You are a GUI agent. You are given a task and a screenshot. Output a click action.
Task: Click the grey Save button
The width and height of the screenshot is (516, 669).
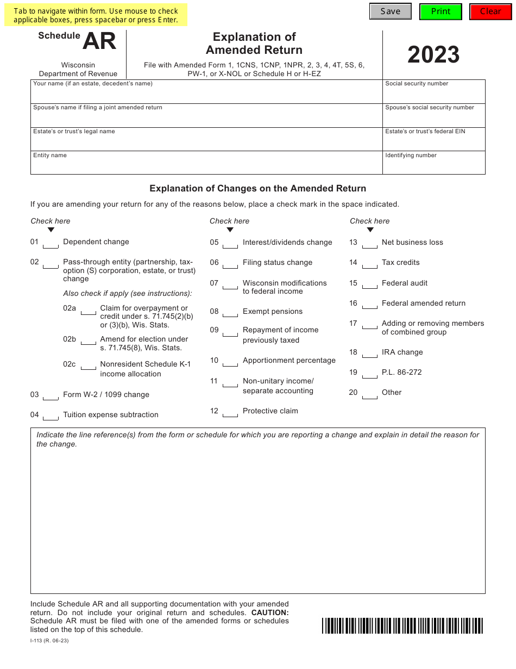390,11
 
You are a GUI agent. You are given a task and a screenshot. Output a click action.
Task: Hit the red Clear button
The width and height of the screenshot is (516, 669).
490,11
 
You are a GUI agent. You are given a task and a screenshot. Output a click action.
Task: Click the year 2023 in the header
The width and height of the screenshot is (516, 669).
433,55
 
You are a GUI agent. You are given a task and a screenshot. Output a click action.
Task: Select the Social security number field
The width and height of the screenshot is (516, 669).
433,94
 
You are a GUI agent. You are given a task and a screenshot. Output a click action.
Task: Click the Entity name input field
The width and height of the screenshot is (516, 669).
206,165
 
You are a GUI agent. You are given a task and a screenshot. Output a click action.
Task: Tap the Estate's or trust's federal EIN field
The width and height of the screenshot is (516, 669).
433,142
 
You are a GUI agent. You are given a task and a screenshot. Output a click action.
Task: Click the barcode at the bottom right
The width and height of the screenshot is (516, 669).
402,625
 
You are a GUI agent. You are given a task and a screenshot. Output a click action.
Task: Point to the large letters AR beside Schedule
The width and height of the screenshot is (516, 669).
99,41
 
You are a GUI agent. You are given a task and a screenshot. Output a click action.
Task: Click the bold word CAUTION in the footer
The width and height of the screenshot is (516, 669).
270,612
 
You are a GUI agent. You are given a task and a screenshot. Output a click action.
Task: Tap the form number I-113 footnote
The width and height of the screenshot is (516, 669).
49,640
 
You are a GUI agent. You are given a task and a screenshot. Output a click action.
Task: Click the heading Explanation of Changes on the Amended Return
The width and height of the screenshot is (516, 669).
257,189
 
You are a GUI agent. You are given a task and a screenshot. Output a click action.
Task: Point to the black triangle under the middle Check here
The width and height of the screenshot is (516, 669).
230,230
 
